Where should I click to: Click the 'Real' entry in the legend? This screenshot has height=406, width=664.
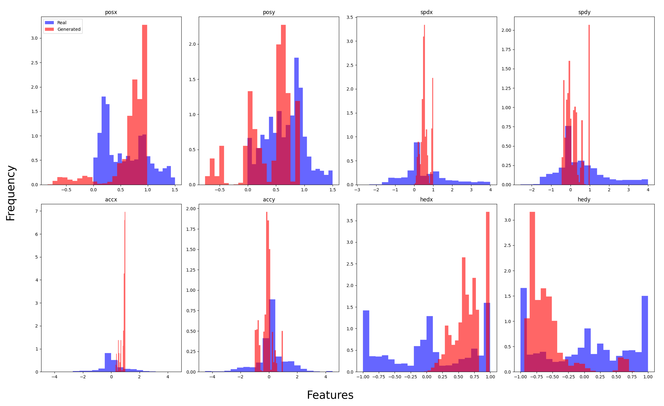point(61,23)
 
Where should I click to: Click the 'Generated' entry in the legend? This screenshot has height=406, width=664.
point(69,29)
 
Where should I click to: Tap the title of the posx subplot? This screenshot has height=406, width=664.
point(111,12)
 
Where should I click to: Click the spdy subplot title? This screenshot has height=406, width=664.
point(584,12)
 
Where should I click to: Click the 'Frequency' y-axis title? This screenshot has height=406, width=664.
point(11,193)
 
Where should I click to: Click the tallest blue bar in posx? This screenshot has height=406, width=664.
point(104,140)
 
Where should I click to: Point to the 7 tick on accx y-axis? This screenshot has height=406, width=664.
point(37,211)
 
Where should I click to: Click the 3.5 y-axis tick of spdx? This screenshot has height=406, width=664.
point(350,17)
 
